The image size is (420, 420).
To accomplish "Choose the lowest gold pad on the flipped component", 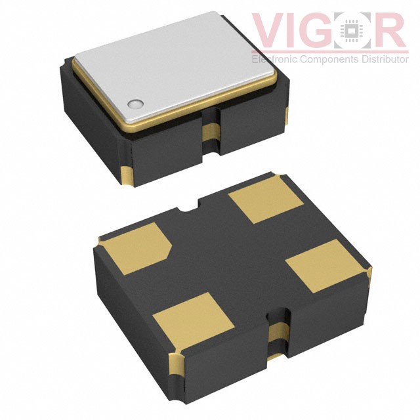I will coord(194,321).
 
